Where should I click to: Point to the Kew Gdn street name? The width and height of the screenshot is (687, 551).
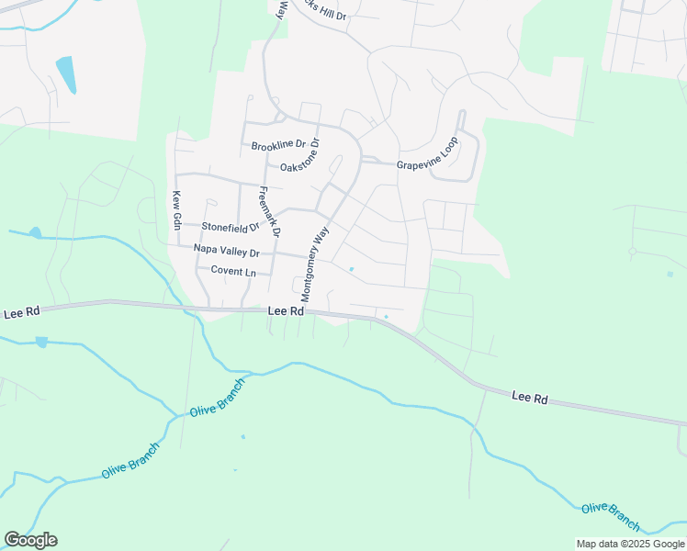175,210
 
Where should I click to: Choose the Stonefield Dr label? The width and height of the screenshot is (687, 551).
231,226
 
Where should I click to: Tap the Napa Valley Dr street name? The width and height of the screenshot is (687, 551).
227,250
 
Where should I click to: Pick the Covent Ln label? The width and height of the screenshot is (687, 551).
233,271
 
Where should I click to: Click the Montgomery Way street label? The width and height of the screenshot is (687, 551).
314,264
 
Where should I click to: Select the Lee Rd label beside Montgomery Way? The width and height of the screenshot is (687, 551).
286,311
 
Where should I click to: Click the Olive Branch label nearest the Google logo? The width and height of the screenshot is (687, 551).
130,459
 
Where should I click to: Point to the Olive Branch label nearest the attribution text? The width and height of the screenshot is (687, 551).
611,514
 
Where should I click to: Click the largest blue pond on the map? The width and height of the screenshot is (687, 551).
66,74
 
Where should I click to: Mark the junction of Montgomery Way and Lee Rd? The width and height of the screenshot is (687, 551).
306,309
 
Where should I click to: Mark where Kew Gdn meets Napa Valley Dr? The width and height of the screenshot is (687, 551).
175,245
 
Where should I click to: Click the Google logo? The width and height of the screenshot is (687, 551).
30,540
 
